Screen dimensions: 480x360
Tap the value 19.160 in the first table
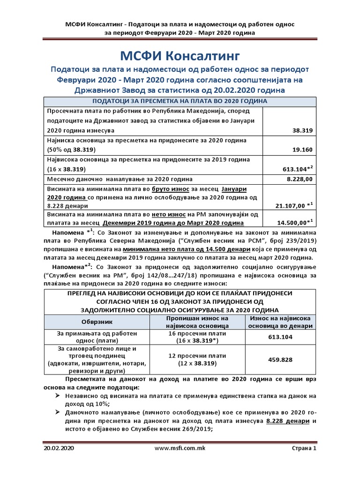point(303,150)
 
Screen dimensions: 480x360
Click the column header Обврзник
point(97,322)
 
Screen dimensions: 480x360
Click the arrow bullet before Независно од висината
point(56,396)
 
